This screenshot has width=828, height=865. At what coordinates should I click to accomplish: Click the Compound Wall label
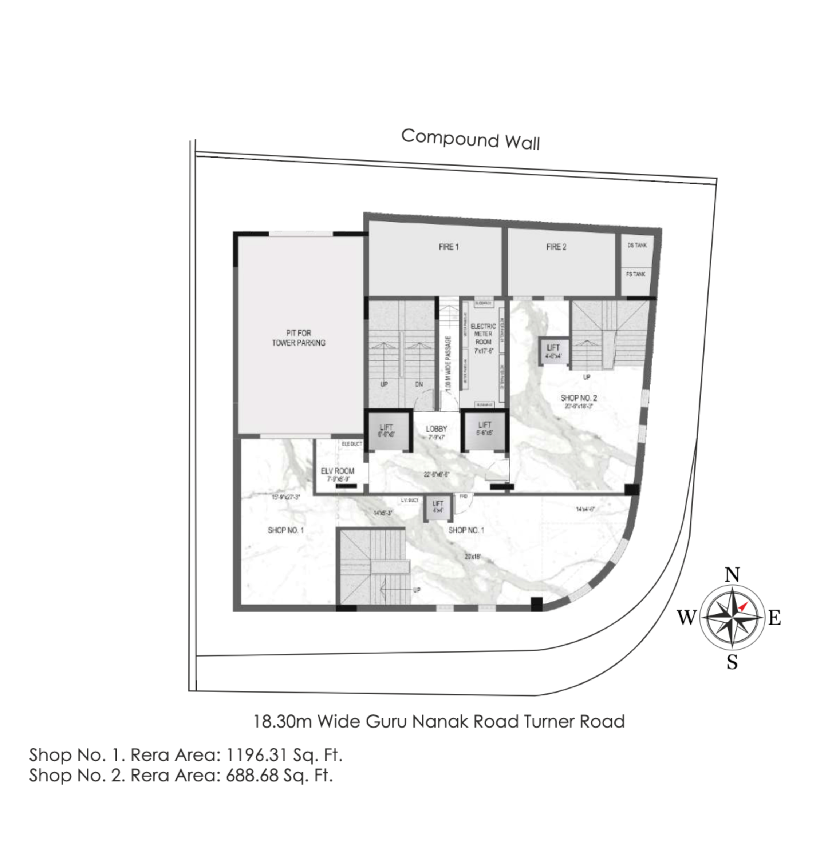(470, 139)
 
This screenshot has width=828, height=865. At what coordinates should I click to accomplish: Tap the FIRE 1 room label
(449, 247)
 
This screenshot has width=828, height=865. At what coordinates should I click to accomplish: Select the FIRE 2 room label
(556, 247)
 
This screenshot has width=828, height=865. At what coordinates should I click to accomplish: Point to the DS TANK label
(637, 245)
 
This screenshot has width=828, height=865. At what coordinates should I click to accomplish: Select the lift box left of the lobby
(387, 430)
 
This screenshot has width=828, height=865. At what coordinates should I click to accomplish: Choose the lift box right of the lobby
(484, 428)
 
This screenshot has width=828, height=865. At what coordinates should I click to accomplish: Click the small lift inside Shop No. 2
(553, 351)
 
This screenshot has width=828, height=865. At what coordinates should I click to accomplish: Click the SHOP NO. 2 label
(579, 398)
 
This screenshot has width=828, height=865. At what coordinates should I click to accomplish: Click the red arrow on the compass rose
(742, 607)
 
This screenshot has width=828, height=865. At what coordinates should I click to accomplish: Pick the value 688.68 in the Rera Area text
(252, 776)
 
